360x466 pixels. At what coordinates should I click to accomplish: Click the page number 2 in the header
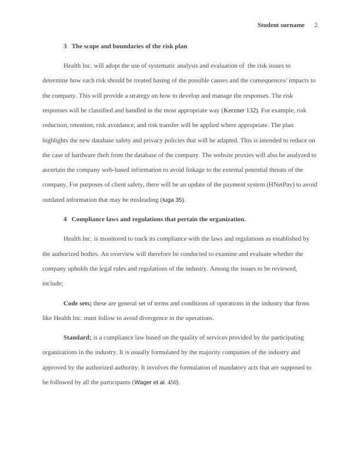click(x=316, y=25)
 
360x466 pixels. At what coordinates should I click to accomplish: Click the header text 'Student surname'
click(x=281, y=25)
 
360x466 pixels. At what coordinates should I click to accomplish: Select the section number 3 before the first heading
click(x=65, y=46)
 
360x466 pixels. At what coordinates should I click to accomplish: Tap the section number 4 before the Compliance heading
click(x=65, y=219)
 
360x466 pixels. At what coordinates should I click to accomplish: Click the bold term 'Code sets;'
click(x=77, y=304)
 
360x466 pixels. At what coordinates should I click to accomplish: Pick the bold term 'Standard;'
click(x=77, y=338)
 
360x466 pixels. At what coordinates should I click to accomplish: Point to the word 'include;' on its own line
click(x=53, y=283)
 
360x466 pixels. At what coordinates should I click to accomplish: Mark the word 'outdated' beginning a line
click(x=55, y=200)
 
